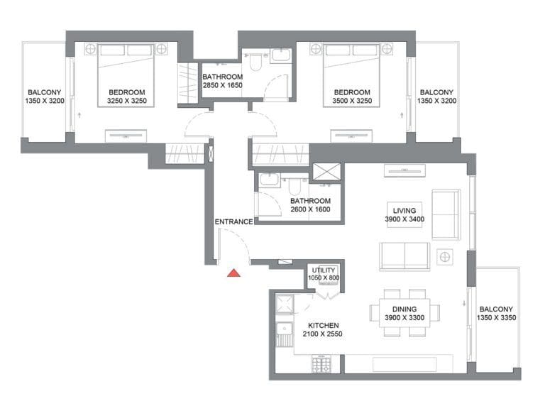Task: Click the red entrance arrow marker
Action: pos(233,273)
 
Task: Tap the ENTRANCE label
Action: pos(233,222)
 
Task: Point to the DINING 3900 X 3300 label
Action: pos(404,314)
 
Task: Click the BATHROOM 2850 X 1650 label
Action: pos(222,81)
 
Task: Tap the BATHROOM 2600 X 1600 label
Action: pos(311,206)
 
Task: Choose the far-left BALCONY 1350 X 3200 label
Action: pos(45,97)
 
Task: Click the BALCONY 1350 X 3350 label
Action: pos(497,314)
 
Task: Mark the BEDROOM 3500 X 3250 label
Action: pos(352,97)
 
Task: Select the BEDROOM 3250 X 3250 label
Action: pos(127,97)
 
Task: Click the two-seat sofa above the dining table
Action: pos(404,256)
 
